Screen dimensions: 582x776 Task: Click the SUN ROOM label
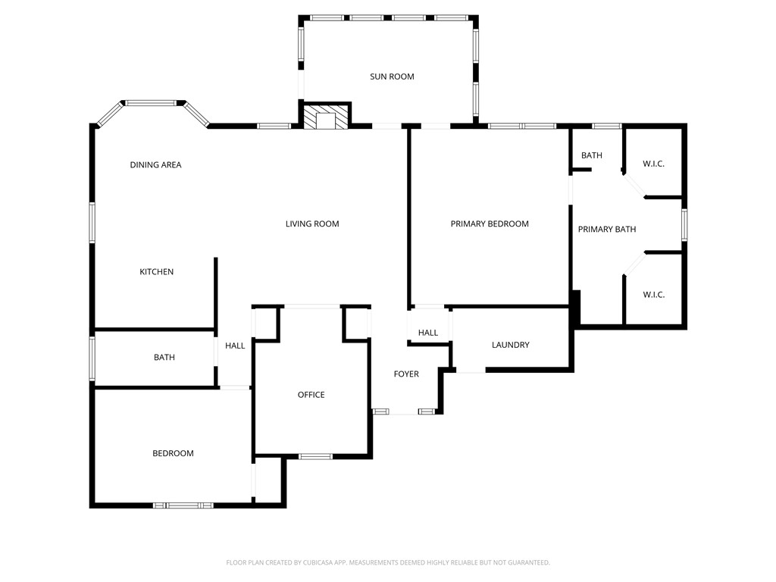[x=392, y=77]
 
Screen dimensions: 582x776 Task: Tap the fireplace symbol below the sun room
[x=327, y=117]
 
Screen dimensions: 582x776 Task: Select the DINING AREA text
[x=155, y=165]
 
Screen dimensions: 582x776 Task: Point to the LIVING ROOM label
[x=312, y=224]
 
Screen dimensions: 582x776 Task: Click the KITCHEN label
[x=157, y=272]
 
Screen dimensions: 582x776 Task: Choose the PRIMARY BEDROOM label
[x=490, y=224]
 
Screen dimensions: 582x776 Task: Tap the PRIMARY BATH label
[x=607, y=230]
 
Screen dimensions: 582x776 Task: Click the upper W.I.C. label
[x=653, y=164]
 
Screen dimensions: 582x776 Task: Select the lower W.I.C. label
[x=653, y=295]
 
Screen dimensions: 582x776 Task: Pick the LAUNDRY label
[x=510, y=346]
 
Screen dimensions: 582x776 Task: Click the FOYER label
[x=406, y=374]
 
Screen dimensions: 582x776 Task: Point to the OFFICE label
[x=311, y=395]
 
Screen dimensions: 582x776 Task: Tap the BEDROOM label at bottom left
[x=173, y=454]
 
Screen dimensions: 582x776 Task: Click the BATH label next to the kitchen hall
[x=164, y=358]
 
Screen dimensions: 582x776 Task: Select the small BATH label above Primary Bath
[x=592, y=156]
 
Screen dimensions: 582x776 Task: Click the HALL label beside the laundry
[x=428, y=333]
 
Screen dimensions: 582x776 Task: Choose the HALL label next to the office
[x=235, y=346]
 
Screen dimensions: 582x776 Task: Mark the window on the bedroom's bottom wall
[x=183, y=505]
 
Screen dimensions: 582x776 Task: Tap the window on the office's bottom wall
[x=315, y=456]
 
